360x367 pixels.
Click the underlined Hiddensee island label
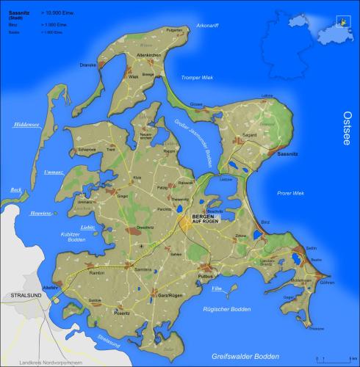click(26, 125)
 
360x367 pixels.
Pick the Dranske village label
click(88, 65)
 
